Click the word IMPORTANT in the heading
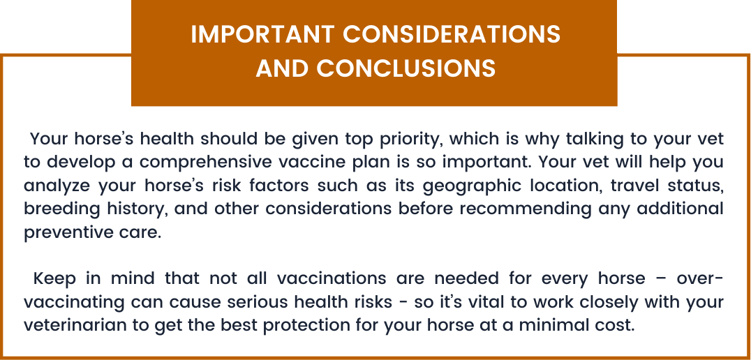262,34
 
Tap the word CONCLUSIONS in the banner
406,68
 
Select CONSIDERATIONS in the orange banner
452,34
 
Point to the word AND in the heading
282,68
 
